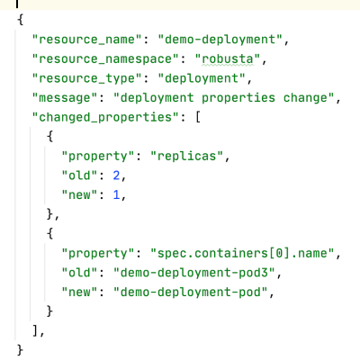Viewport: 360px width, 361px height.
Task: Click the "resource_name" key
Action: pos(86,40)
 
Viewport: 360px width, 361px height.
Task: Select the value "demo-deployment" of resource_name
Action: pos(220,40)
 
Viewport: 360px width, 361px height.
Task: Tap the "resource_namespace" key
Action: pos(105,59)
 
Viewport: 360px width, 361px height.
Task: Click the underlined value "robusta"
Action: pos(228,59)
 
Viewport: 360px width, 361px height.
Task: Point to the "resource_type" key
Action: pos(86,78)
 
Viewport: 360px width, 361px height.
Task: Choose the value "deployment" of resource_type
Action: pos(202,78)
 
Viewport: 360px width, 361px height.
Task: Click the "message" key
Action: pos(65,98)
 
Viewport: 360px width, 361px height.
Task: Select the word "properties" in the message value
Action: pos(238,98)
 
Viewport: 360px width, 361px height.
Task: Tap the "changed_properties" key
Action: pos(105,117)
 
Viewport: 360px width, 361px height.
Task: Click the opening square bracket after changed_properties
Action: pos(198,117)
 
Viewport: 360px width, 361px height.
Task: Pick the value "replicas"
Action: pos(187,157)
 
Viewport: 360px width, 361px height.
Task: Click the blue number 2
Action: pos(116,176)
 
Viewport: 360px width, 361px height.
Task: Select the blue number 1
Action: pos(116,195)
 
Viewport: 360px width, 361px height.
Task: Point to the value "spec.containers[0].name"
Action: pos(242,254)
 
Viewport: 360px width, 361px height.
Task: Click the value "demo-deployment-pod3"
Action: pos(194,273)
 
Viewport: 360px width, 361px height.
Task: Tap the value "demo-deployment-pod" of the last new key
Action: pos(191,293)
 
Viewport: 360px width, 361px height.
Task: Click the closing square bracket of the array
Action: pos(35,330)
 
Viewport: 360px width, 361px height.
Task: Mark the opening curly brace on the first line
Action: pos(20,20)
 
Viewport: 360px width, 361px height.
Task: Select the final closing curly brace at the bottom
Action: pos(20,350)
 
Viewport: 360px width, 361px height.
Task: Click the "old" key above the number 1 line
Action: pos(79,176)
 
